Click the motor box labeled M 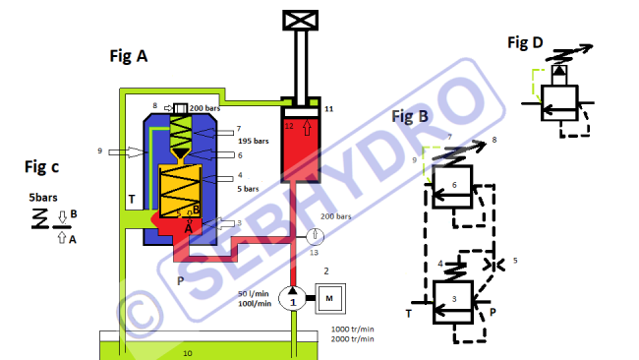(330, 299)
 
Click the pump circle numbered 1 (292, 298)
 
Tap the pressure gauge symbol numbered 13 (315, 236)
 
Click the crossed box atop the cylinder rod (301, 21)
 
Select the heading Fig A (129, 56)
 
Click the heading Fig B (410, 117)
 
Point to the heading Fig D (525, 42)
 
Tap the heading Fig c (41, 167)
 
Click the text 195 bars (253, 141)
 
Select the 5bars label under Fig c (43, 198)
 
